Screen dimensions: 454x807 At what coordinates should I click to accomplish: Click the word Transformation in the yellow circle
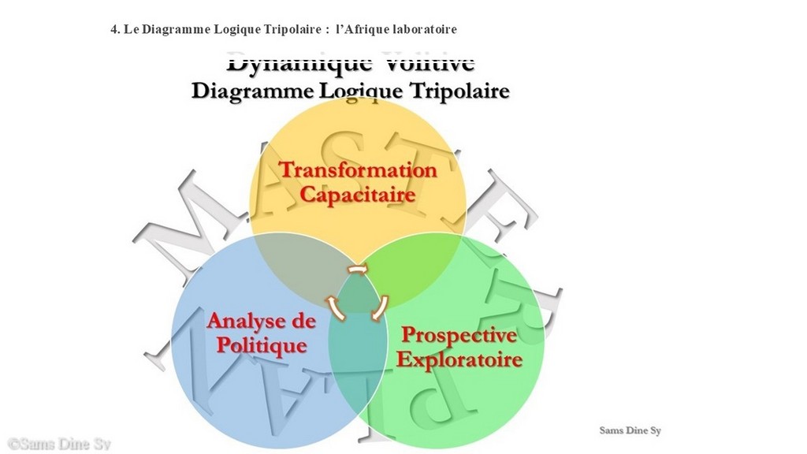click(x=358, y=169)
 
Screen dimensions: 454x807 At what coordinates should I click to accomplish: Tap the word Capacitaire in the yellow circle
click(x=358, y=193)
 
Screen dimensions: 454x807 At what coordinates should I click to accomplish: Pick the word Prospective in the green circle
click(x=459, y=335)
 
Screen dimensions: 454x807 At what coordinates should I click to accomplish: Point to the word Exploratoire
click(x=459, y=359)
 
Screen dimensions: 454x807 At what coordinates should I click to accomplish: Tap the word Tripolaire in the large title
click(x=458, y=91)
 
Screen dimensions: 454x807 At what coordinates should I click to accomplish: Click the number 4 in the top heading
click(x=114, y=29)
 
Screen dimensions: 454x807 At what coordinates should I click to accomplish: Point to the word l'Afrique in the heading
click(x=362, y=29)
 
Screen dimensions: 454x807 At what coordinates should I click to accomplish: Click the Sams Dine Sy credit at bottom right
click(x=630, y=430)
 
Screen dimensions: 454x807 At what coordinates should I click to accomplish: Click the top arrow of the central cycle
click(x=358, y=270)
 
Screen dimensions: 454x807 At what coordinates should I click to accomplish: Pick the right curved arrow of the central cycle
click(x=380, y=307)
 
